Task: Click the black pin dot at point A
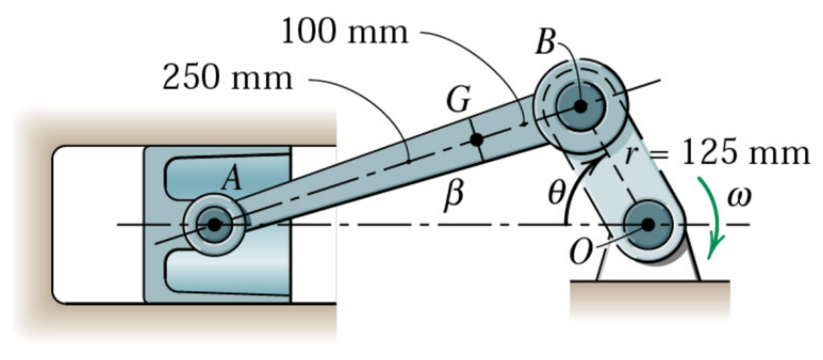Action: [x=214, y=225]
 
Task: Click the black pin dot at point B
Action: [x=580, y=105]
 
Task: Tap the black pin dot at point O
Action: [x=648, y=225]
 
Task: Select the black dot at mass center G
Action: [x=476, y=140]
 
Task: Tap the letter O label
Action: [x=580, y=253]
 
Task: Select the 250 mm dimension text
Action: [x=228, y=79]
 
